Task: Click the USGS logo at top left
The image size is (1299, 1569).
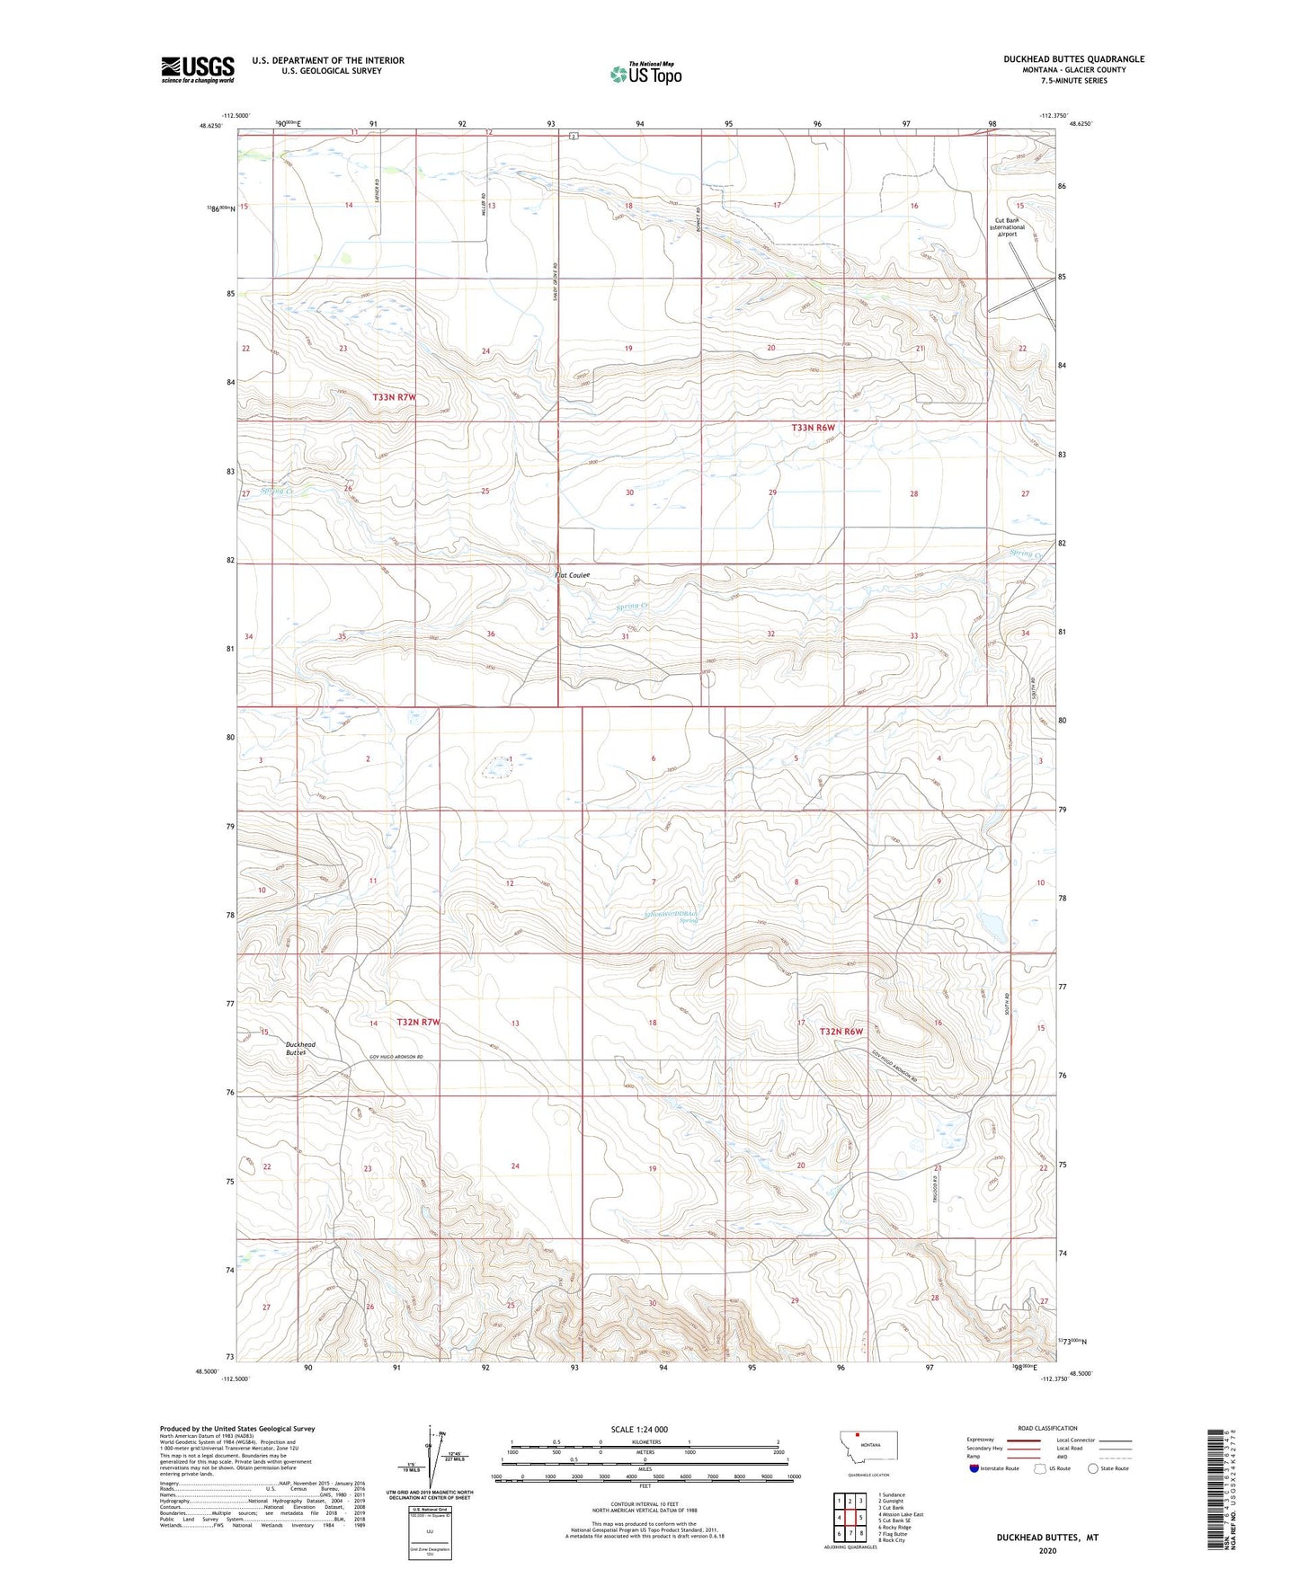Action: click(x=197, y=69)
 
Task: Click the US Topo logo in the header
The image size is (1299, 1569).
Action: click(x=645, y=74)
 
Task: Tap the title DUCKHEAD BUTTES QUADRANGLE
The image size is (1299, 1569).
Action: click(x=1073, y=59)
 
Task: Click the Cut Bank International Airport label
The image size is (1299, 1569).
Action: click(x=1007, y=227)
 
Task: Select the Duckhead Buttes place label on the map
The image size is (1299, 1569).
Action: click(x=300, y=1048)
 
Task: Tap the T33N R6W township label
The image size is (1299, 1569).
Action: click(x=814, y=428)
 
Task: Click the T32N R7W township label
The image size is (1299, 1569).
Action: click(x=418, y=1023)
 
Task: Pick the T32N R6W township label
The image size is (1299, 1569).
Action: click(x=841, y=1031)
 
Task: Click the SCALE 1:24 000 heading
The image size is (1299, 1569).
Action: click(x=639, y=1429)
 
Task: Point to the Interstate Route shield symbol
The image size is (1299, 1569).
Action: click(x=975, y=1468)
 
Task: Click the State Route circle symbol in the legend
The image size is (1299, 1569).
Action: click(x=1093, y=1468)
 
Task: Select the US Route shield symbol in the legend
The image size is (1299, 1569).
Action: click(x=1040, y=1468)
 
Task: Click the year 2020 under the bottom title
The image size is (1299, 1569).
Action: click(x=1046, y=1550)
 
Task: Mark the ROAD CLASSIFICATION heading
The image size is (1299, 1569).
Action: click(x=1047, y=1428)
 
